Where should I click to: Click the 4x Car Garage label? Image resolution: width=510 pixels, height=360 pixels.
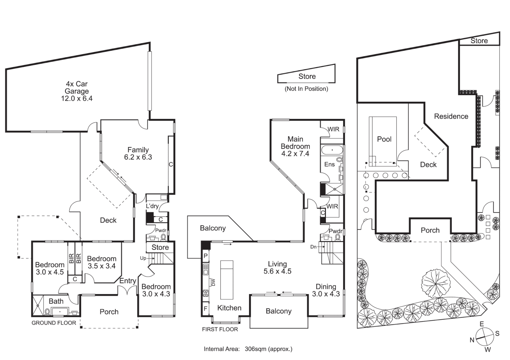click(x=77, y=87)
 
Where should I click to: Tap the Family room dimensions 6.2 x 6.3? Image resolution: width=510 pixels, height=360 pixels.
click(x=138, y=157)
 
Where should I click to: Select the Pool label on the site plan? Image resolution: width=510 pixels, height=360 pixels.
click(x=384, y=139)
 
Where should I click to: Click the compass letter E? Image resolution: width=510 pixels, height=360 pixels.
click(x=482, y=324)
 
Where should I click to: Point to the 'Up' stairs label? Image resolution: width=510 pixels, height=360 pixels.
click(x=143, y=258)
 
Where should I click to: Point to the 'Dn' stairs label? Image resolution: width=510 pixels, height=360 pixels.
click(x=313, y=247)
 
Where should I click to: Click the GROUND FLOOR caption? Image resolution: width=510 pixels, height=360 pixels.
click(x=54, y=323)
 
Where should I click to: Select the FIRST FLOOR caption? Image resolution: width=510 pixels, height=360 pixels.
click(x=220, y=329)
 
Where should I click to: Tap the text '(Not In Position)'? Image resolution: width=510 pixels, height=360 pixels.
click(x=306, y=89)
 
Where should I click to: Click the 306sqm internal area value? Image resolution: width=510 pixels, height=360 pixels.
click(x=255, y=349)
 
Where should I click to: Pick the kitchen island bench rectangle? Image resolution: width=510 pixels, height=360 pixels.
click(x=226, y=280)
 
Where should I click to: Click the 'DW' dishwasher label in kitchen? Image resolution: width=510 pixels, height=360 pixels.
click(x=213, y=282)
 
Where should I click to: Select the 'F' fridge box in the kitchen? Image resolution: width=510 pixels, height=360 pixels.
click(x=205, y=309)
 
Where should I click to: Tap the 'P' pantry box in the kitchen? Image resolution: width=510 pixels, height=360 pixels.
click(x=205, y=256)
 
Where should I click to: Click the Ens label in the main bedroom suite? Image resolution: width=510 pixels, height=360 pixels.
click(x=329, y=164)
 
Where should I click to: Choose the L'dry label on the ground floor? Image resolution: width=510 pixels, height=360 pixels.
click(x=152, y=206)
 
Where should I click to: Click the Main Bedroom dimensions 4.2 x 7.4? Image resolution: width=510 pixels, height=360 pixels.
click(x=295, y=154)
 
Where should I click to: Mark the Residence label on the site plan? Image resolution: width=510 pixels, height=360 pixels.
click(x=451, y=116)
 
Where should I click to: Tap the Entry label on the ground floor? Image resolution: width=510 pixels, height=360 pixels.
click(x=128, y=281)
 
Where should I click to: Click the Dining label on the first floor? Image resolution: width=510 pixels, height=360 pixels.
click(x=326, y=287)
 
